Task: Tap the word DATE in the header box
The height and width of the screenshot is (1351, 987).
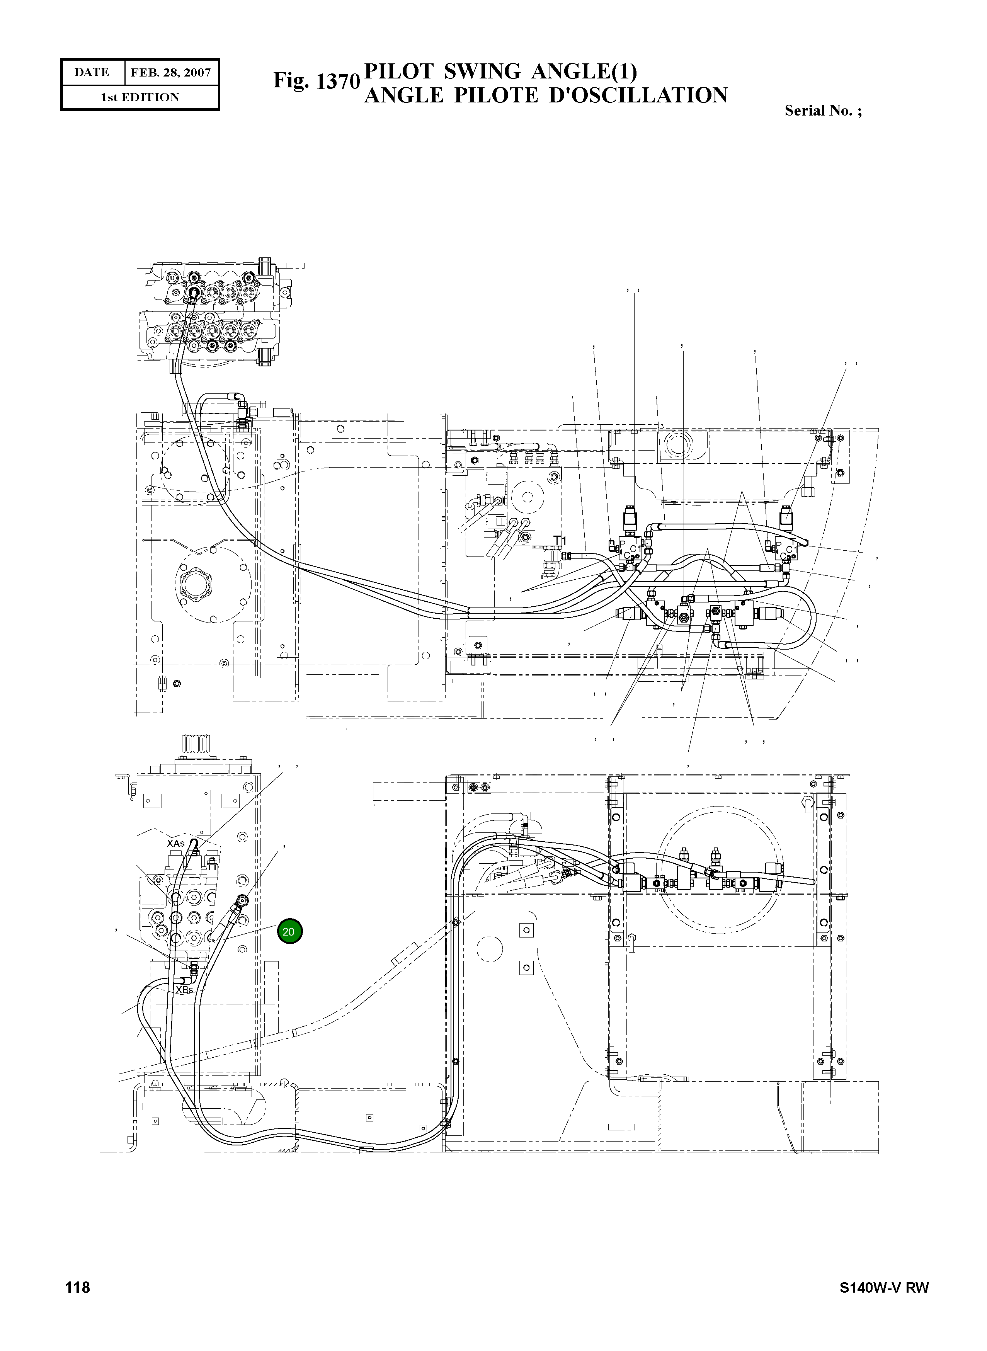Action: coord(92,72)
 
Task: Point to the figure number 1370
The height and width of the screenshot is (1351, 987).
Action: coord(337,82)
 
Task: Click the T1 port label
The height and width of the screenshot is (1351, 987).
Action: coord(559,540)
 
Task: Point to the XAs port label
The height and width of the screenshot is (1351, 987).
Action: coord(176,843)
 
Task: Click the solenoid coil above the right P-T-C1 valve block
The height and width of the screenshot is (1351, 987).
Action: coord(786,516)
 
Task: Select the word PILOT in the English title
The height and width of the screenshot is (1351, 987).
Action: coord(399,72)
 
